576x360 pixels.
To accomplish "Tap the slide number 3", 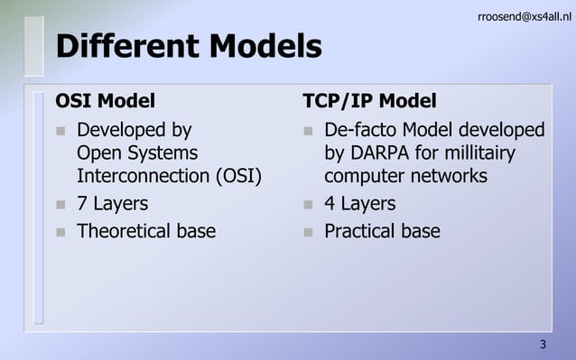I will tap(543, 345).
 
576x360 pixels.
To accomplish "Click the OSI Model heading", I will tap(106, 100).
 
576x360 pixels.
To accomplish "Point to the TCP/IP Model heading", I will tap(369, 100).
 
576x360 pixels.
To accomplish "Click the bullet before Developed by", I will tap(60, 132).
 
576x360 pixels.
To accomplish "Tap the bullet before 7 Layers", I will tap(60, 205).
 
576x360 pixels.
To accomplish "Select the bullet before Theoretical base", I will tap(60, 233).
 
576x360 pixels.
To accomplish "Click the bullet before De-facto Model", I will tap(308, 132).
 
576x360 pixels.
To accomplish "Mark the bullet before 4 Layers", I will tap(308, 205).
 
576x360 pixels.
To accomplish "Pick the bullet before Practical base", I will tap(308, 233).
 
